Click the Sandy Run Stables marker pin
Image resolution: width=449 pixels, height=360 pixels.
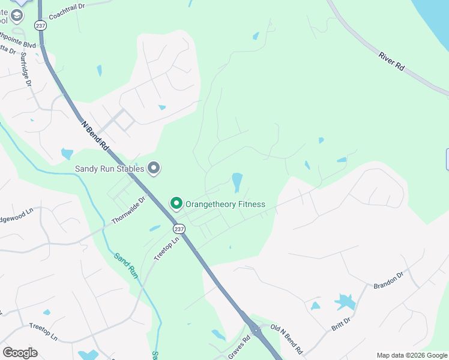coord(154,169)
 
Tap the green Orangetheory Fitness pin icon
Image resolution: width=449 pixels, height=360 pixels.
coord(176,204)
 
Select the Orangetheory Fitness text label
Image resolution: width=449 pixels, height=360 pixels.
coord(225,204)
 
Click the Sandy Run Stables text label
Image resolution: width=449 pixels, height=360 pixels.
coord(109,169)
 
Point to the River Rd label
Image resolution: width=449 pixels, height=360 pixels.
coord(391,63)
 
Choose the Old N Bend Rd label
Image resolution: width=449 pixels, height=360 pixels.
coord(287,338)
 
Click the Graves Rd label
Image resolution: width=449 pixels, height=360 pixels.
coord(238,348)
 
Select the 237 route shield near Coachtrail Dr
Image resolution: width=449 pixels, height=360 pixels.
coord(41,26)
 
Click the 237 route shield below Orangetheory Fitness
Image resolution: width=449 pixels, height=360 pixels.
coord(178,229)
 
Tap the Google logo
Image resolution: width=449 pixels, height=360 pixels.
coord(20,352)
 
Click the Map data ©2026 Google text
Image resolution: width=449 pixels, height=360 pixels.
coord(411,355)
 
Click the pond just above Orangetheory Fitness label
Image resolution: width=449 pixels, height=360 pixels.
coord(237,182)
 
